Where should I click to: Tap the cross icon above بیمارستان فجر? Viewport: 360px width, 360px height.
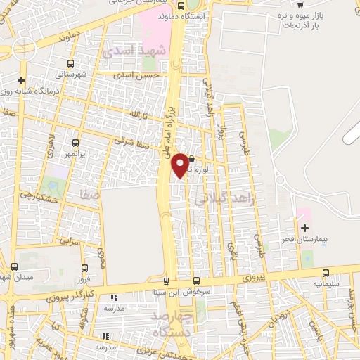[304, 229]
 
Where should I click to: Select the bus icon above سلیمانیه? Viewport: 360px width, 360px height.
[326, 273]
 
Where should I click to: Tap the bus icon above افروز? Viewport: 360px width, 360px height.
[84, 268]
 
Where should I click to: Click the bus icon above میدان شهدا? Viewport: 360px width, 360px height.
[15, 266]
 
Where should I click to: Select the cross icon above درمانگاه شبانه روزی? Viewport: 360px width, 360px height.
[22, 81]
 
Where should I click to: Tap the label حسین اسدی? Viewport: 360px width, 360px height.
[136, 72]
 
